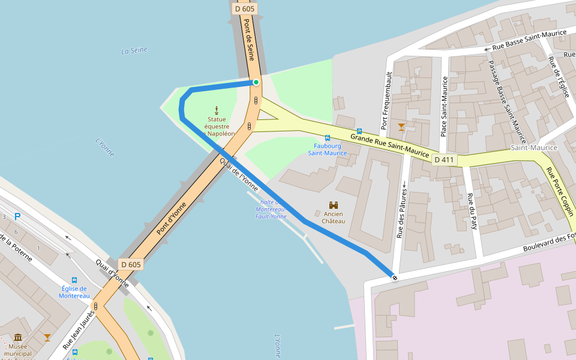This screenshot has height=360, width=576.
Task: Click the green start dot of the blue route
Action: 256,82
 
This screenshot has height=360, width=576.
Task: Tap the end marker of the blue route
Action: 394,277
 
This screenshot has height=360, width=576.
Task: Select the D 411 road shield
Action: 444,160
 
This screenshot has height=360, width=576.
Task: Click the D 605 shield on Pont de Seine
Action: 245,9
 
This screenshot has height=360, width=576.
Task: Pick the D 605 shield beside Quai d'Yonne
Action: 130,264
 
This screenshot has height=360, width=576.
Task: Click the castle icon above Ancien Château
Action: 333,205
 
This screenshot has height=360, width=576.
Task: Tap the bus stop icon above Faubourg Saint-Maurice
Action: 328,138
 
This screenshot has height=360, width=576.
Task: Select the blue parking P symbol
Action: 17,217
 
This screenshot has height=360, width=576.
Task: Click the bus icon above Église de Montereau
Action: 74,280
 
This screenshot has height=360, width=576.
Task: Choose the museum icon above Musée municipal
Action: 18,337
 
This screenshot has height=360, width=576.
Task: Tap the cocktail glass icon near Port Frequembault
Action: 401,127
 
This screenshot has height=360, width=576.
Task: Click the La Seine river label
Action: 134,51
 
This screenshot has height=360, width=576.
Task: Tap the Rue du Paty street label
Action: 472,211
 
